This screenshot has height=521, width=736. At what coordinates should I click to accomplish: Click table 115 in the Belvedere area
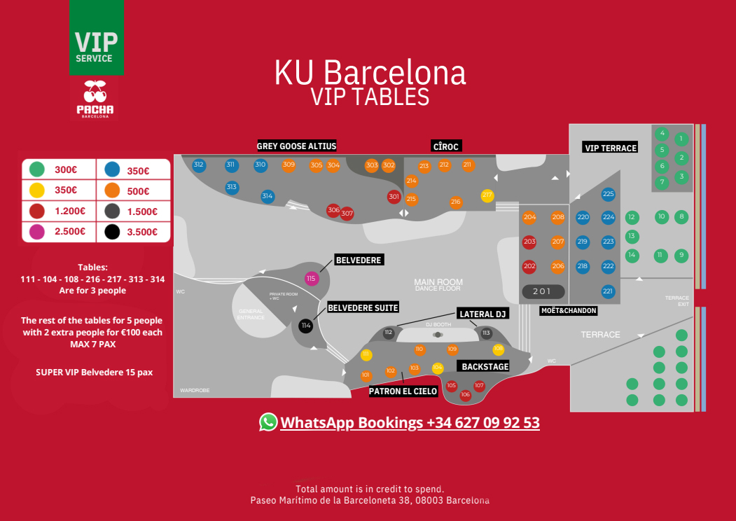click(x=312, y=279)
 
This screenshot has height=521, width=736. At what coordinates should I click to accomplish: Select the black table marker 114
click(x=305, y=326)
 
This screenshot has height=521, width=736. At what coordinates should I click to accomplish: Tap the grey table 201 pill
click(x=543, y=291)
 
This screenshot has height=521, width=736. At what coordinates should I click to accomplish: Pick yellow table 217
click(x=487, y=195)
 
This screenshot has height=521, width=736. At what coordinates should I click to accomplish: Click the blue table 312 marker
click(x=199, y=165)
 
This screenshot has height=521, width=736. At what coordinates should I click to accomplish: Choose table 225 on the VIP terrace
click(x=608, y=194)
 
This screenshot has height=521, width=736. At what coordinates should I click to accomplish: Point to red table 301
click(x=394, y=197)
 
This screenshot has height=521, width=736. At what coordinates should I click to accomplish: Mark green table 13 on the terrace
click(x=632, y=237)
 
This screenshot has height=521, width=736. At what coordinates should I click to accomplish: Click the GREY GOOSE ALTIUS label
click(x=297, y=146)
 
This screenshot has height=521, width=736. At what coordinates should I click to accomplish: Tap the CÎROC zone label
click(x=445, y=146)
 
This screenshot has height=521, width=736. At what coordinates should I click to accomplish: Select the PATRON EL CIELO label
click(x=403, y=391)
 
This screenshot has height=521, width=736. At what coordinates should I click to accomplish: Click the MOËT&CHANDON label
click(x=569, y=310)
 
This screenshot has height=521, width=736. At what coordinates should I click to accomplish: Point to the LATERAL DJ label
click(x=482, y=314)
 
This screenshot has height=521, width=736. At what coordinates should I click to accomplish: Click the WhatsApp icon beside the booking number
click(x=268, y=422)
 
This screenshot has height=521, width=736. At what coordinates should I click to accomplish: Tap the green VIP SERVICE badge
click(x=97, y=38)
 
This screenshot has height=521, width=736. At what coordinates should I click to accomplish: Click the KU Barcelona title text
click(x=369, y=72)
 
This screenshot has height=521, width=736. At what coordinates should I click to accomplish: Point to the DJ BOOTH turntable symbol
click(x=438, y=335)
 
